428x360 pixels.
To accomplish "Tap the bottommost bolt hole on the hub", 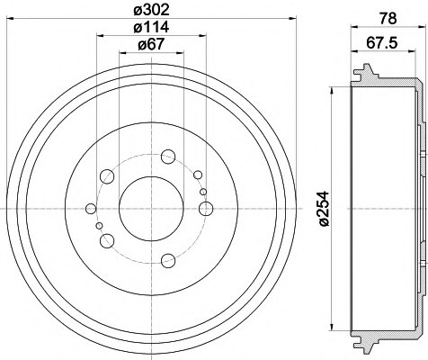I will [x=168, y=262].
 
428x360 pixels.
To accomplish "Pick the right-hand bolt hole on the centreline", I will [x=206, y=210].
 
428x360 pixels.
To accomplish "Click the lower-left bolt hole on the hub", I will [x=108, y=239].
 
